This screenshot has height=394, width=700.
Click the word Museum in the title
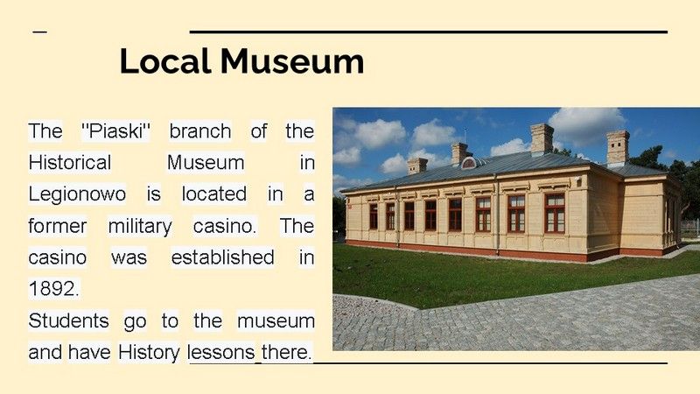pos(292,60)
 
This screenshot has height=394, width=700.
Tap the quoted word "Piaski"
pos(116,130)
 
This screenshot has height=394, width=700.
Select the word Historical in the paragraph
pos(70,163)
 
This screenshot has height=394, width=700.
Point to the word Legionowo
pos(77,194)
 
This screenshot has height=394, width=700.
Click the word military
pos(140,226)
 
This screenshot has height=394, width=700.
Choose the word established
pos(223,257)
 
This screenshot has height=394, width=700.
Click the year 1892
pos(53,289)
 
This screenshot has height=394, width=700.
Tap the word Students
pos(69,320)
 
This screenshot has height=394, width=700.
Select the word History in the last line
pos(149,353)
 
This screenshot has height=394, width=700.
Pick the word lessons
pos(221,353)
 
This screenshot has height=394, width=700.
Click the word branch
pos(200,130)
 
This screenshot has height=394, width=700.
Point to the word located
pos(213,193)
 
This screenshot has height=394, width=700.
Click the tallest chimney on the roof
pos(542,139)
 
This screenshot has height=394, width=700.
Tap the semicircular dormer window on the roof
pos(469,163)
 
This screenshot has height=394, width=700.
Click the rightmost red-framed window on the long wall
pos(555,213)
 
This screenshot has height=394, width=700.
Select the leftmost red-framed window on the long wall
pos(374,216)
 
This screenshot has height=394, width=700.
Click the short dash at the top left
pos(39,32)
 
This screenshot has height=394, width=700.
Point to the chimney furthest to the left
pos(417,165)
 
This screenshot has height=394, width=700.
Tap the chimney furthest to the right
pos(618,147)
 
